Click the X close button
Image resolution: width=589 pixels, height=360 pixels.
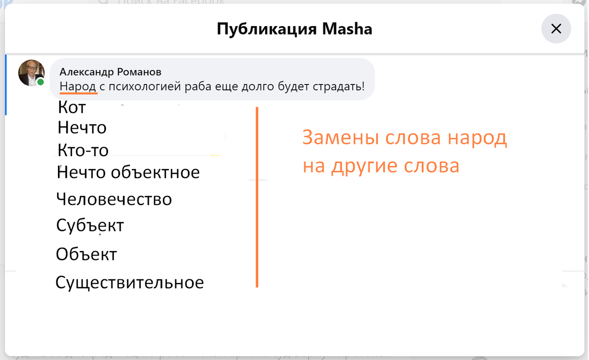pos(556,29)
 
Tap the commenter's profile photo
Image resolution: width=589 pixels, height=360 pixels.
pos(31,73)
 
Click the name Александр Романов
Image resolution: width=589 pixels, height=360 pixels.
pos(110,72)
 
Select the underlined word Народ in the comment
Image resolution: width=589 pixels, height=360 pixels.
pos(78,87)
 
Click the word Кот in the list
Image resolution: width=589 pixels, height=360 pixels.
pos(72,107)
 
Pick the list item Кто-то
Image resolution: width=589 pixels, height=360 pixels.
pos(83,150)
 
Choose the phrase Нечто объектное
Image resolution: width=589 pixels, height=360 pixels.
pos(129,172)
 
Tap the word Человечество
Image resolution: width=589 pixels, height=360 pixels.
pos(114,199)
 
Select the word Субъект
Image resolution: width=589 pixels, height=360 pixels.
pos(90,225)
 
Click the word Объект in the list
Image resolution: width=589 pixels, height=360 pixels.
pos(86,254)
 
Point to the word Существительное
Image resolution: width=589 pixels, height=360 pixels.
pos(130,283)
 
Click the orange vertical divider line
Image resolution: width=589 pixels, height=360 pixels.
pos(257,196)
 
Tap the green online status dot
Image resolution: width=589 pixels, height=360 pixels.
pos(41,82)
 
